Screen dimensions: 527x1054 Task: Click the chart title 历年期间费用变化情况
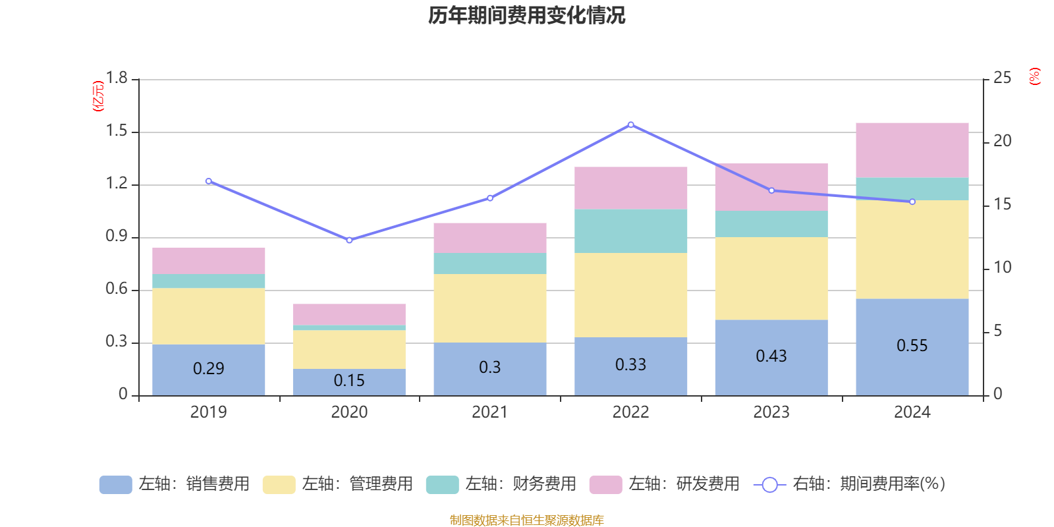point(526,15)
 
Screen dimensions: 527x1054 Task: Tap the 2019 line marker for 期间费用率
point(209,181)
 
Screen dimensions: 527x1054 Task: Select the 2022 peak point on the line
point(630,125)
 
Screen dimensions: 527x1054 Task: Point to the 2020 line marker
point(349,240)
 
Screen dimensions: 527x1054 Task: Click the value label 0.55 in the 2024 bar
point(912,346)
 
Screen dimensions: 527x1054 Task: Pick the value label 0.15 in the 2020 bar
point(349,381)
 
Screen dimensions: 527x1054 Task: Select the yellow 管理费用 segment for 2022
point(630,295)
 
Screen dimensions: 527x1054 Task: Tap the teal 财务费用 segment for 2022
point(630,231)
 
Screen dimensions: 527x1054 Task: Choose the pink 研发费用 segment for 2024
point(912,150)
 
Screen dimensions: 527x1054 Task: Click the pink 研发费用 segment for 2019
point(209,261)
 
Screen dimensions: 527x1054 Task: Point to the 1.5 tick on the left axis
point(117,131)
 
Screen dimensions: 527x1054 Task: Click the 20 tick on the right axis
point(1002,141)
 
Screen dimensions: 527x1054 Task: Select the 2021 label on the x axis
point(489,412)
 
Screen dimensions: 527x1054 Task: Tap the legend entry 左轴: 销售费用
point(175,484)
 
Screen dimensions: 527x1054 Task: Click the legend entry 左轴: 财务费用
point(501,484)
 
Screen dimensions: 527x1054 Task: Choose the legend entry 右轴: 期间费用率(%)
point(849,484)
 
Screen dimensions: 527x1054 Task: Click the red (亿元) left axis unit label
point(98,96)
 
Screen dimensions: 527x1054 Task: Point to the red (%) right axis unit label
point(1034,76)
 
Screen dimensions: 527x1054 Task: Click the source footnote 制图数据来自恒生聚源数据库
point(526,520)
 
